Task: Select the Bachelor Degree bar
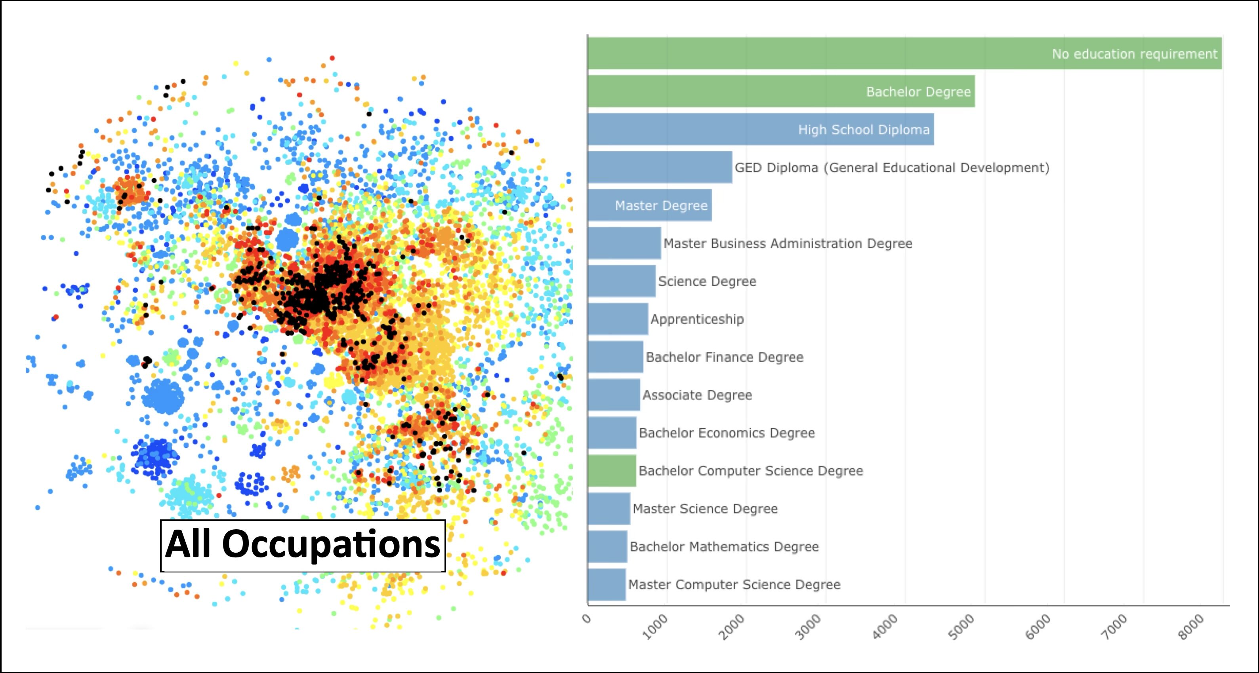(781, 91)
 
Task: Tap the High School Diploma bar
(761, 129)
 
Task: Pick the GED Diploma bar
(660, 167)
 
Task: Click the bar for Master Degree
(650, 205)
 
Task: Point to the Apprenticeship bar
(618, 319)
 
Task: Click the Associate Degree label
(697, 395)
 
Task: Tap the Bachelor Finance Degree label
(724, 357)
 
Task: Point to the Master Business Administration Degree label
(787, 243)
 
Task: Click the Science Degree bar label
(707, 281)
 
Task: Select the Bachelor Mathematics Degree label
(724, 546)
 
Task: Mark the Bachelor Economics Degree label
(727, 433)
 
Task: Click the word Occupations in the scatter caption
(331, 545)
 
